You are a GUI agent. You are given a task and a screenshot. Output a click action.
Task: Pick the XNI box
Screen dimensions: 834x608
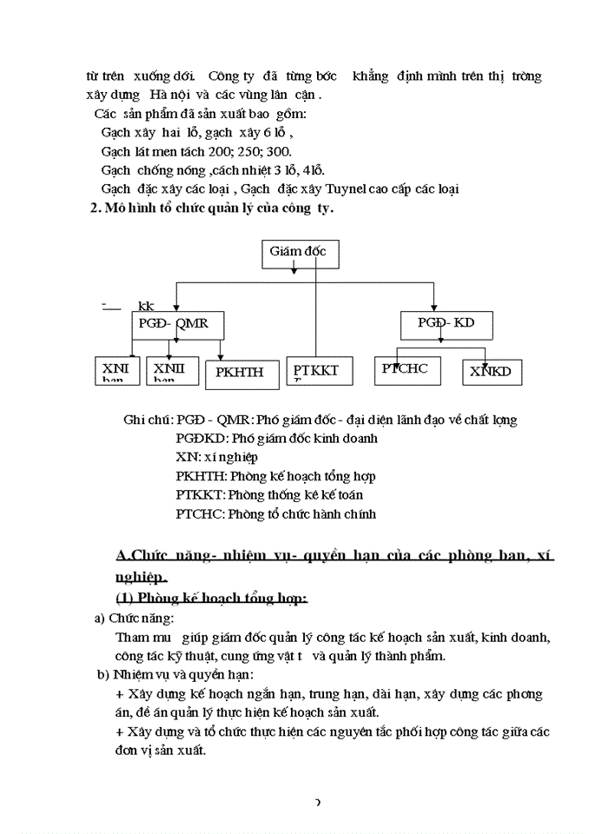pos(116,370)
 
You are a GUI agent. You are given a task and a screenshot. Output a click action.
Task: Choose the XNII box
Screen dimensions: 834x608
pos(172,370)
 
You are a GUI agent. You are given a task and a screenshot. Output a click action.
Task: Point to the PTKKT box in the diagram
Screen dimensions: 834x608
pos(317,371)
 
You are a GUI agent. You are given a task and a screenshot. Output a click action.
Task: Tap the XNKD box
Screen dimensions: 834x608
pos(490,372)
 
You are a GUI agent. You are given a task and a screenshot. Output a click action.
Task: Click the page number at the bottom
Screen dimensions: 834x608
pos(317,803)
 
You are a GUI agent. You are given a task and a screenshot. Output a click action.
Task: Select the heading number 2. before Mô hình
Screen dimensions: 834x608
pos(96,208)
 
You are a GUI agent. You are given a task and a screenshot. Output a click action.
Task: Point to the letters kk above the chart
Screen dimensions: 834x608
pos(146,307)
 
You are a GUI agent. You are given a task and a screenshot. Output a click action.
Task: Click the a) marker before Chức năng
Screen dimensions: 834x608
pos(99,619)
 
